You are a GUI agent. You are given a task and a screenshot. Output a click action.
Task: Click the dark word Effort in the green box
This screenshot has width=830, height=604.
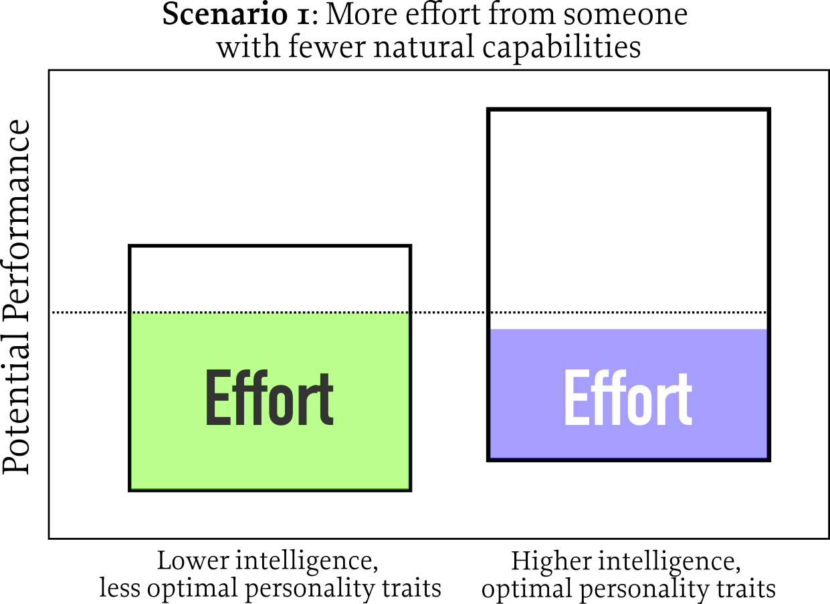[269, 399]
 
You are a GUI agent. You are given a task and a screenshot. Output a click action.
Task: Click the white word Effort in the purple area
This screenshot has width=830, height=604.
[627, 399]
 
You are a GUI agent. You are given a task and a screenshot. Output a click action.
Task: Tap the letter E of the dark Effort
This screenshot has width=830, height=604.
[218, 399]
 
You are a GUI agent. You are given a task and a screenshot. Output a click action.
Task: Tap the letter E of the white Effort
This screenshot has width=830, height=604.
[577, 399]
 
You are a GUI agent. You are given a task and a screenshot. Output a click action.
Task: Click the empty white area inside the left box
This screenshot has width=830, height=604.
[270, 279]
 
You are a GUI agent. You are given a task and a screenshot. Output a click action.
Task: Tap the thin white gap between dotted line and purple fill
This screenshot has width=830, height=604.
[629, 321]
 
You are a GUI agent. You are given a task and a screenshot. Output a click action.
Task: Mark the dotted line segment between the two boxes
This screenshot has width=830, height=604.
[449, 312]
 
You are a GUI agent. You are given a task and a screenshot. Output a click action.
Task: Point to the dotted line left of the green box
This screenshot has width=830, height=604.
[90, 312]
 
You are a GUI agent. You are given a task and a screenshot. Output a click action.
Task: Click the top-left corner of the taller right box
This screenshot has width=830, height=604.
[489, 110]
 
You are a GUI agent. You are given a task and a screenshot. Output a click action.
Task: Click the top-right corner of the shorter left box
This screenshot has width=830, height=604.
[409, 247]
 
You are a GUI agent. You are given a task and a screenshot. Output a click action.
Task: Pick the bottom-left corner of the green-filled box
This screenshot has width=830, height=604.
[130, 490]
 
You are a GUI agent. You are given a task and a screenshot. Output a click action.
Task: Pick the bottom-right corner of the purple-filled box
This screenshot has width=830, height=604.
[768, 459]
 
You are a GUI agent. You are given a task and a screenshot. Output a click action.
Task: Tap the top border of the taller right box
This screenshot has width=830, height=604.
[629, 110]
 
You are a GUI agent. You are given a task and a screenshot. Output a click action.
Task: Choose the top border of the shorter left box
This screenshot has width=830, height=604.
[270, 247]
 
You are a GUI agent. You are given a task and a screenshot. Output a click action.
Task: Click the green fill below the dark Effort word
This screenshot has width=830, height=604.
[270, 461]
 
